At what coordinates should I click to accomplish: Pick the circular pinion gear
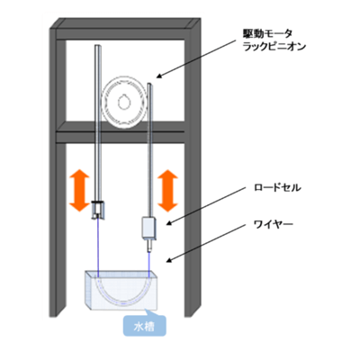[x=123, y=100]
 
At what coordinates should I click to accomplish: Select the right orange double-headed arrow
[x=167, y=188]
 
